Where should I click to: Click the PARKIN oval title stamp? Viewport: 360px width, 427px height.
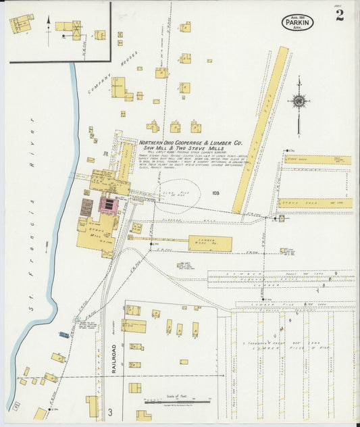[297, 22]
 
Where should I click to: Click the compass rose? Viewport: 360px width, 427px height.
[298, 101]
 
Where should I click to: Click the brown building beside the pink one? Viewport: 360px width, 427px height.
[87, 207]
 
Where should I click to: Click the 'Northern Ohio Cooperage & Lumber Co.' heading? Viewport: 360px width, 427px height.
[190, 143]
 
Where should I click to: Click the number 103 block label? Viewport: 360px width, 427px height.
[215, 193]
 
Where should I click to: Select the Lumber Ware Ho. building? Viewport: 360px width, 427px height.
[210, 243]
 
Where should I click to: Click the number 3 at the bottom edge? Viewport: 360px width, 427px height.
[109, 411]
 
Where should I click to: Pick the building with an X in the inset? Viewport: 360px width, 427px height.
[76, 28]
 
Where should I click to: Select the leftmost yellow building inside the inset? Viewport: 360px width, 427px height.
[20, 24]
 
